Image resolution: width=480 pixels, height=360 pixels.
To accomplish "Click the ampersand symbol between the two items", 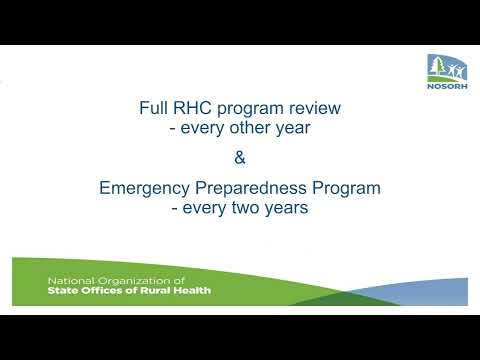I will [239, 157].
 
